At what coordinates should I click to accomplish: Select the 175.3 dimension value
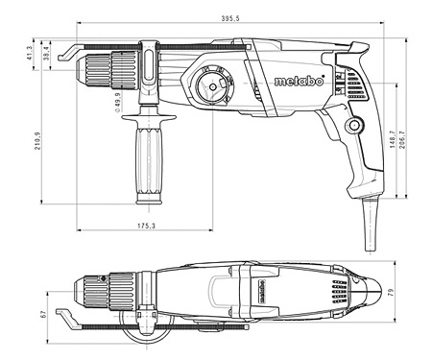point(145,225)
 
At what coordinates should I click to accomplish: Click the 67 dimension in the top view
point(44,314)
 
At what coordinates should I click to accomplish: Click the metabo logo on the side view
point(298,81)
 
